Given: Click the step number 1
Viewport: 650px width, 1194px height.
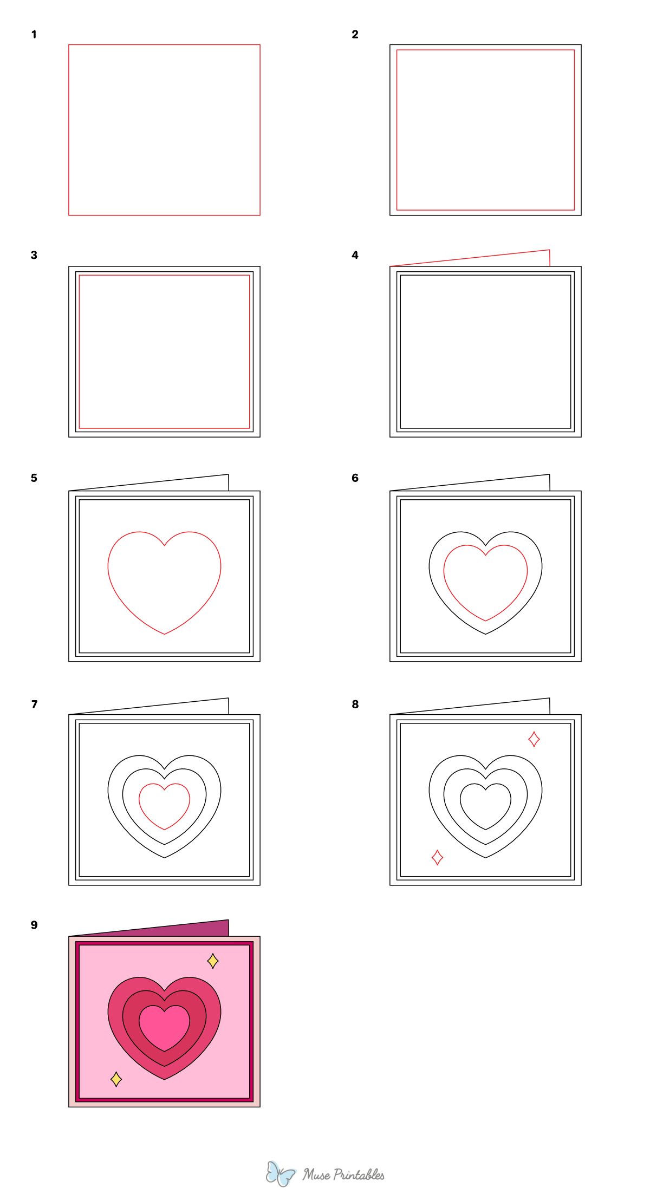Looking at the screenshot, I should click(34, 35).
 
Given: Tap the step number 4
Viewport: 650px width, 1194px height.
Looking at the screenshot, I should click(355, 255).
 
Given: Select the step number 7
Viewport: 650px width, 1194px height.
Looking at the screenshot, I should click(34, 704).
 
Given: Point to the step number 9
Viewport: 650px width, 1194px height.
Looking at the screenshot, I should click(34, 925).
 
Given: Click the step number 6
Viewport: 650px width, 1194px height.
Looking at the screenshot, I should click(355, 478).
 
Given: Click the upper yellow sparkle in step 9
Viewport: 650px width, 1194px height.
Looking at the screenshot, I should click(213, 961).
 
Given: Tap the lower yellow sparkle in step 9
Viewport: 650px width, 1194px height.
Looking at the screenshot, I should click(116, 1079).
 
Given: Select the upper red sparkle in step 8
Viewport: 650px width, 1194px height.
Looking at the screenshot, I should click(534, 739).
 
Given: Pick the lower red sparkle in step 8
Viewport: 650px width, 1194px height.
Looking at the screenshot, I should click(437, 857).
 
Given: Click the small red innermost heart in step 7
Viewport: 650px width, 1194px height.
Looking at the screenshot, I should click(164, 805).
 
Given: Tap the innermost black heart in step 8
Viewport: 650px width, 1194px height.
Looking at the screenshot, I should click(485, 805).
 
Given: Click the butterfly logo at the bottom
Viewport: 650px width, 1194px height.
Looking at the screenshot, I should click(279, 1174).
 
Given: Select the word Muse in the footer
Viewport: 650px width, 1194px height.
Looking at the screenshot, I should click(316, 1175).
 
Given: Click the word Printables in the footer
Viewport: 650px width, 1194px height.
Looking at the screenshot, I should click(359, 1175).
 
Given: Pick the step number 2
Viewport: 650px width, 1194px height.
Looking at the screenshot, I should click(355, 35).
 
